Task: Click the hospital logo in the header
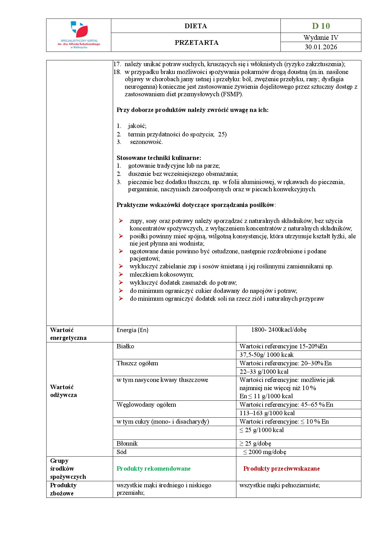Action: pyautogui.click(x=79, y=35)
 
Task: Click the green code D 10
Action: pyautogui.click(x=321, y=26)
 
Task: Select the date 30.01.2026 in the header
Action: pyautogui.click(x=321, y=47)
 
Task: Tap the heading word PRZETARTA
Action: pyautogui.click(x=196, y=43)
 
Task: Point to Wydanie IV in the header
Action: pyautogui.click(x=321, y=38)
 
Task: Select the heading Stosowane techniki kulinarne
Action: pyautogui.click(x=159, y=158)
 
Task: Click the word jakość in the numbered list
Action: pyautogui.click(x=137, y=126)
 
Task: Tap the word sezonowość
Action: pyautogui.click(x=146, y=142)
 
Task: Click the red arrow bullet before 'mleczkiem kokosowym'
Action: pyautogui.click(x=121, y=274)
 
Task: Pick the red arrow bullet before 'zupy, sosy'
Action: pyautogui.click(x=121, y=221)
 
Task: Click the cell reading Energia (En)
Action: pyautogui.click(x=132, y=330)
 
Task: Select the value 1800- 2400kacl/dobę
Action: pyautogui.click(x=279, y=330)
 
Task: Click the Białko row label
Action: pyautogui.click(x=125, y=346)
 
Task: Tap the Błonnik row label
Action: pyautogui.click(x=127, y=444)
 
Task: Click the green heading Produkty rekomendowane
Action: pyautogui.click(x=153, y=469)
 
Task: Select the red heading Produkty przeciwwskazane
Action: pyautogui.click(x=281, y=469)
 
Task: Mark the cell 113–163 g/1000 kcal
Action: pyautogui.click(x=267, y=413)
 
